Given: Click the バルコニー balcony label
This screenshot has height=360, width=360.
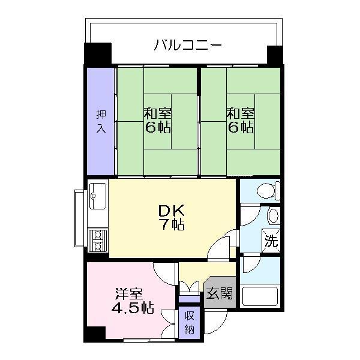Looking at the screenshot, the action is coord(188,45).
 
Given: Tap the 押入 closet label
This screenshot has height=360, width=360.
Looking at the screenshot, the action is coord(101,121).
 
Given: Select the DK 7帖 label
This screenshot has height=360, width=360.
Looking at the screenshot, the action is coord(172,217).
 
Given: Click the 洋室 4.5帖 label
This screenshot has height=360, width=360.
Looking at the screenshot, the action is coord(133,301).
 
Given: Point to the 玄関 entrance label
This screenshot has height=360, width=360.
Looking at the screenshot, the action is coord(220,293).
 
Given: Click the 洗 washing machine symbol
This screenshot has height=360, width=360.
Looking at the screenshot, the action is coord(271,241).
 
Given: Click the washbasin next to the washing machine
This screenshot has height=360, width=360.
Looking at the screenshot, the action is coord(273,216).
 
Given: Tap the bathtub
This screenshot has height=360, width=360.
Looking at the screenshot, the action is coord(260,296).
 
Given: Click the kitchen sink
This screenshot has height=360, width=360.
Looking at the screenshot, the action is coord(98,196).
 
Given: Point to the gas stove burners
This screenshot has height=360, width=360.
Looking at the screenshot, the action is coord(98,240).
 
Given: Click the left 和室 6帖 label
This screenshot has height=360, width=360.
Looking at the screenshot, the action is coord(157,121).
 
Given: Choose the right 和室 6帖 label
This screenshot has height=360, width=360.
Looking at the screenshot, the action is coord(241,121).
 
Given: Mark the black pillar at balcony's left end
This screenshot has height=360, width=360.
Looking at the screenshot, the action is coord(98,53).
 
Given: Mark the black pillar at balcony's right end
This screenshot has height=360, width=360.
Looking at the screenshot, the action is coord(275,55).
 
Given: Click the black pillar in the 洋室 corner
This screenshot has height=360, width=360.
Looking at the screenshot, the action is coord(94,334).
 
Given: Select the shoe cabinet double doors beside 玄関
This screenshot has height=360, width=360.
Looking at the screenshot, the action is coord(189,287).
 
